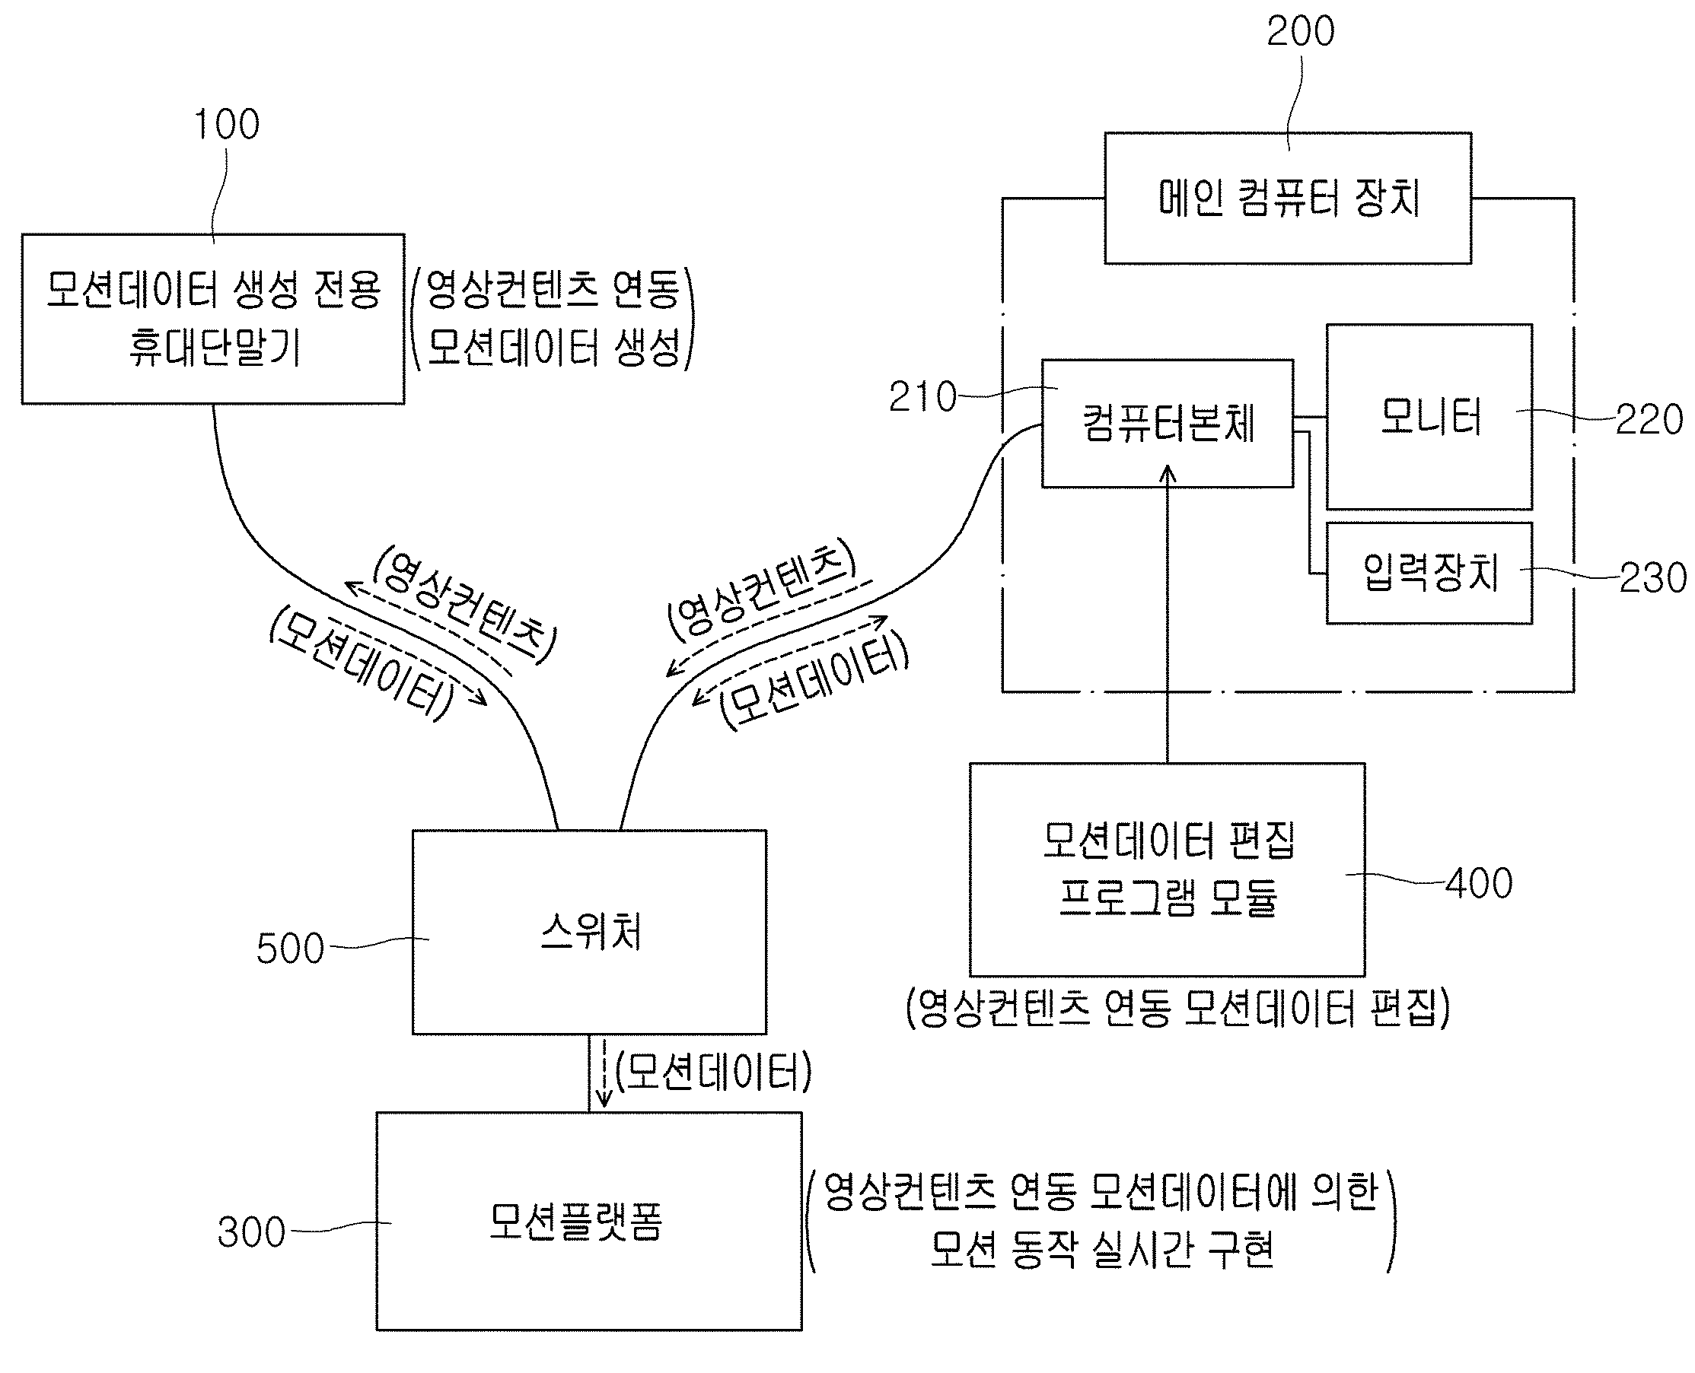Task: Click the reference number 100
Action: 226,124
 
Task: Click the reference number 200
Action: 1300,32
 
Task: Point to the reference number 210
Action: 922,397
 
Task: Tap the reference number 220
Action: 1649,419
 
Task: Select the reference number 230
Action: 1652,577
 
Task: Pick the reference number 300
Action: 251,1232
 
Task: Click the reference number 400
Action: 1478,882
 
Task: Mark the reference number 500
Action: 290,949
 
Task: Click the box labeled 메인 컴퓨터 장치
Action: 1288,198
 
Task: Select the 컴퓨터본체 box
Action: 1168,423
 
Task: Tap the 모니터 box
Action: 1429,416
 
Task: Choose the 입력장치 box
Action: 1429,573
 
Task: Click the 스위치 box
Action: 589,932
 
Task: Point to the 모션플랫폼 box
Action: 589,1221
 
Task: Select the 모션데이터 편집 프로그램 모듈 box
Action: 1168,869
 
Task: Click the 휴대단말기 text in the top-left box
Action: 215,347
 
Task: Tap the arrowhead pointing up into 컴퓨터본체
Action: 1168,473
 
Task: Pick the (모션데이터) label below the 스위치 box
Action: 713,1073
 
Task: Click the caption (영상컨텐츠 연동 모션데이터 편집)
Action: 1177,1008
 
